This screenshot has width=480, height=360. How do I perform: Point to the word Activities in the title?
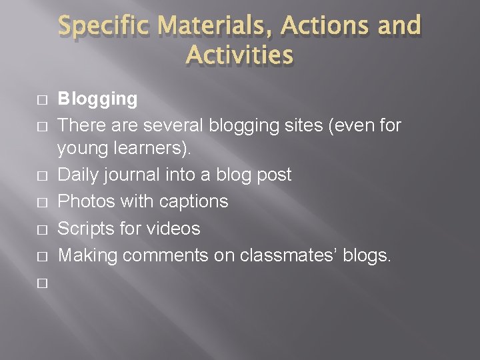point(240,55)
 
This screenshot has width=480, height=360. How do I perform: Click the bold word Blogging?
point(97,99)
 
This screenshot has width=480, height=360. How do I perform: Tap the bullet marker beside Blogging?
point(42,100)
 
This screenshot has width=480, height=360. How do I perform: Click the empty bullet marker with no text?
point(42,283)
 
